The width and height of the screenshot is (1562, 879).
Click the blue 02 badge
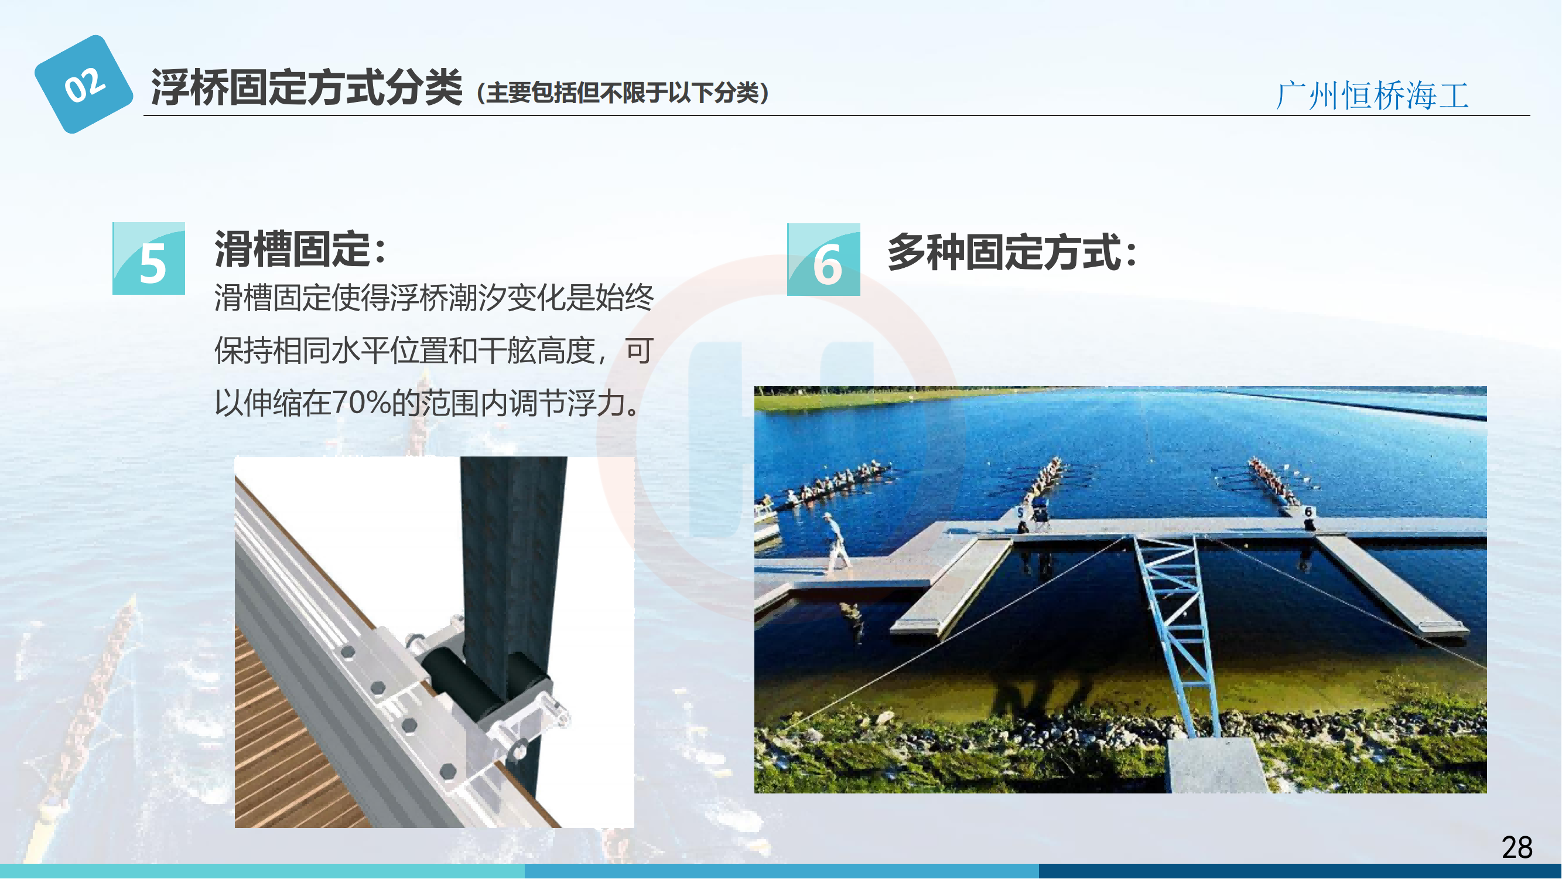(84, 84)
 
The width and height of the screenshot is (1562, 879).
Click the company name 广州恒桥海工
(1373, 96)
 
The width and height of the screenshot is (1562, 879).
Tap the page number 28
(1517, 847)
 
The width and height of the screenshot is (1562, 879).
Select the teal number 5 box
(149, 258)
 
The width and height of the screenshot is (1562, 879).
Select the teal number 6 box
(823, 260)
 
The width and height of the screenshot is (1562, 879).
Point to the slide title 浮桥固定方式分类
(307, 87)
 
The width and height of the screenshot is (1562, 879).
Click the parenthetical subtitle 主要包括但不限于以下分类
(623, 93)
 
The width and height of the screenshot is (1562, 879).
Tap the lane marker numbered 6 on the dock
(1308, 513)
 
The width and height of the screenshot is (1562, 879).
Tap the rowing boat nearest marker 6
(1273, 482)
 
